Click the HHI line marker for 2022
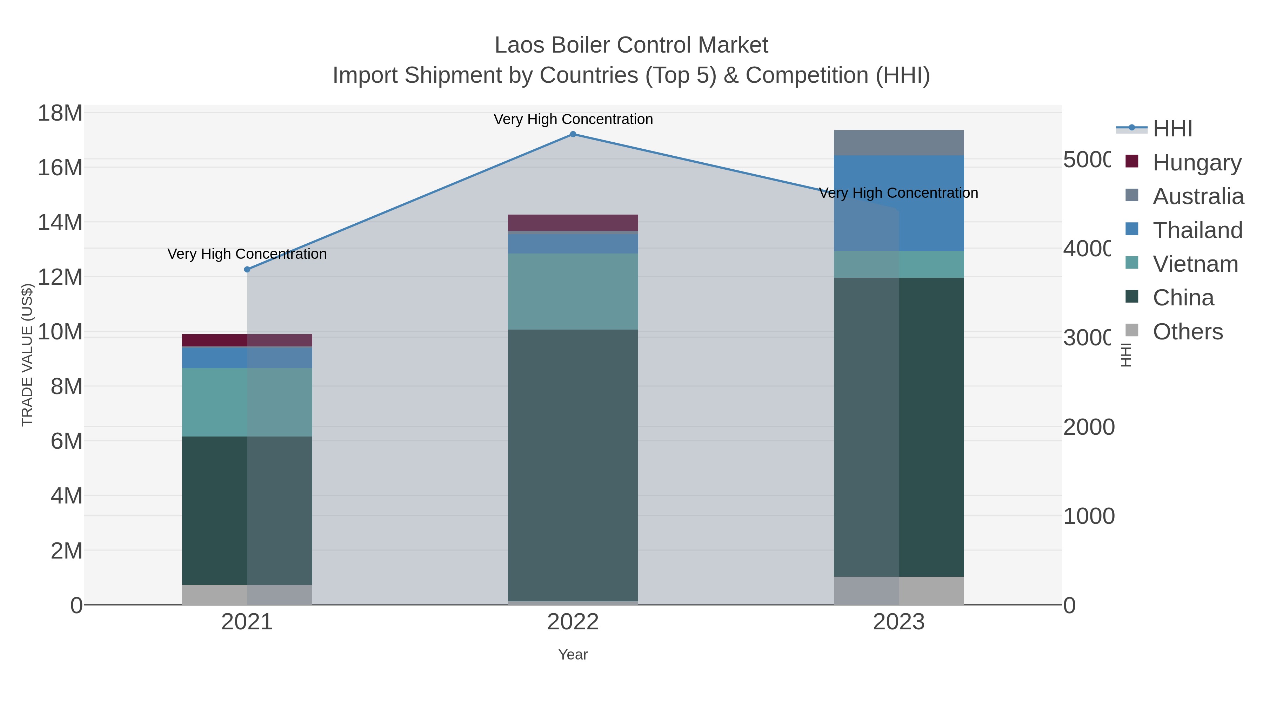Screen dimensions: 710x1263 point(573,134)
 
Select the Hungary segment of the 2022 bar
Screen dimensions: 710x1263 point(573,222)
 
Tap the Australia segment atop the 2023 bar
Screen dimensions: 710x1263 point(899,143)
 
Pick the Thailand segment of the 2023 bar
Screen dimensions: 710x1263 point(899,203)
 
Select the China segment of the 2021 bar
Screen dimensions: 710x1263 point(247,510)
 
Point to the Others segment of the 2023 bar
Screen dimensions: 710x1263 point(899,590)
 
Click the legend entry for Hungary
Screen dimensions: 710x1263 point(1196,163)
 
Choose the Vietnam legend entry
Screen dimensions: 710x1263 point(1195,264)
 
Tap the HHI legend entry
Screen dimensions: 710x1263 point(1172,129)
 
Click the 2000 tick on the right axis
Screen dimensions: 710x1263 point(1088,427)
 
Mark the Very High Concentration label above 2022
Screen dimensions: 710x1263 point(573,119)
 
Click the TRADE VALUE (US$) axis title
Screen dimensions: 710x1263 point(27,355)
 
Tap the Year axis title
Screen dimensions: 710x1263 point(573,655)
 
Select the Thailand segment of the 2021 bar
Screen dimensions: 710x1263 point(247,357)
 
